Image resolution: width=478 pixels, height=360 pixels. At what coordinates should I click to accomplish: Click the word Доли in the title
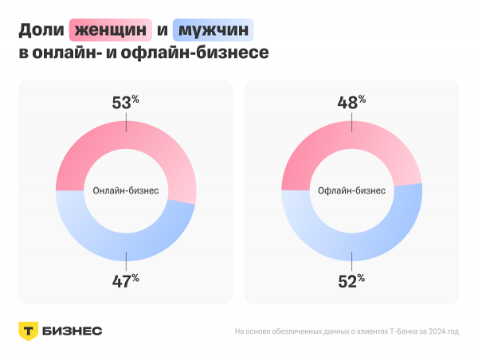tap(41, 31)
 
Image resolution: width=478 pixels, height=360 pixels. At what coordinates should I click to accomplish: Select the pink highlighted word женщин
tap(111, 31)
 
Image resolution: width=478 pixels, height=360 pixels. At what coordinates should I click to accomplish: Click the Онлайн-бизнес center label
tap(126, 191)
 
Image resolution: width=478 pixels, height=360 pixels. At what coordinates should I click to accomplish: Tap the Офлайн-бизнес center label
tap(351, 191)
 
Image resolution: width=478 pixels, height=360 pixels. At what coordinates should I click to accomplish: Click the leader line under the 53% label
tap(126, 121)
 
